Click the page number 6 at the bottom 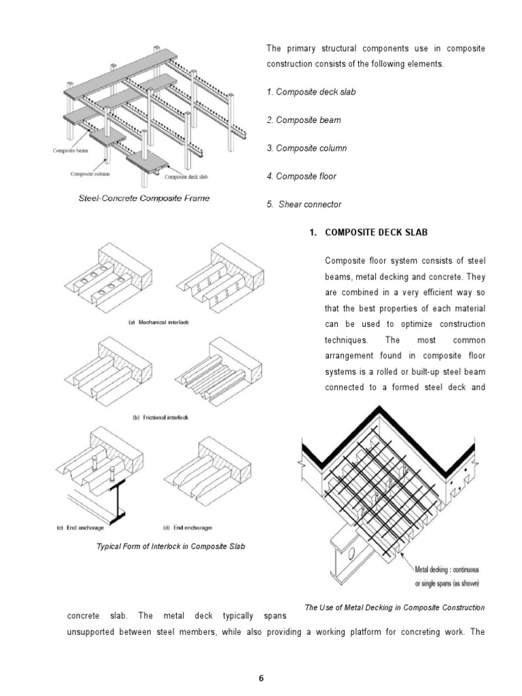[x=261, y=676]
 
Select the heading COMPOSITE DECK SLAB [x=377, y=232]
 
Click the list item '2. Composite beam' [x=303, y=120]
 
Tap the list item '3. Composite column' [x=307, y=148]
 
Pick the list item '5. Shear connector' [x=304, y=205]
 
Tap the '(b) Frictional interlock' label [x=158, y=417]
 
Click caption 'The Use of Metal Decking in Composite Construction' [x=395, y=607]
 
